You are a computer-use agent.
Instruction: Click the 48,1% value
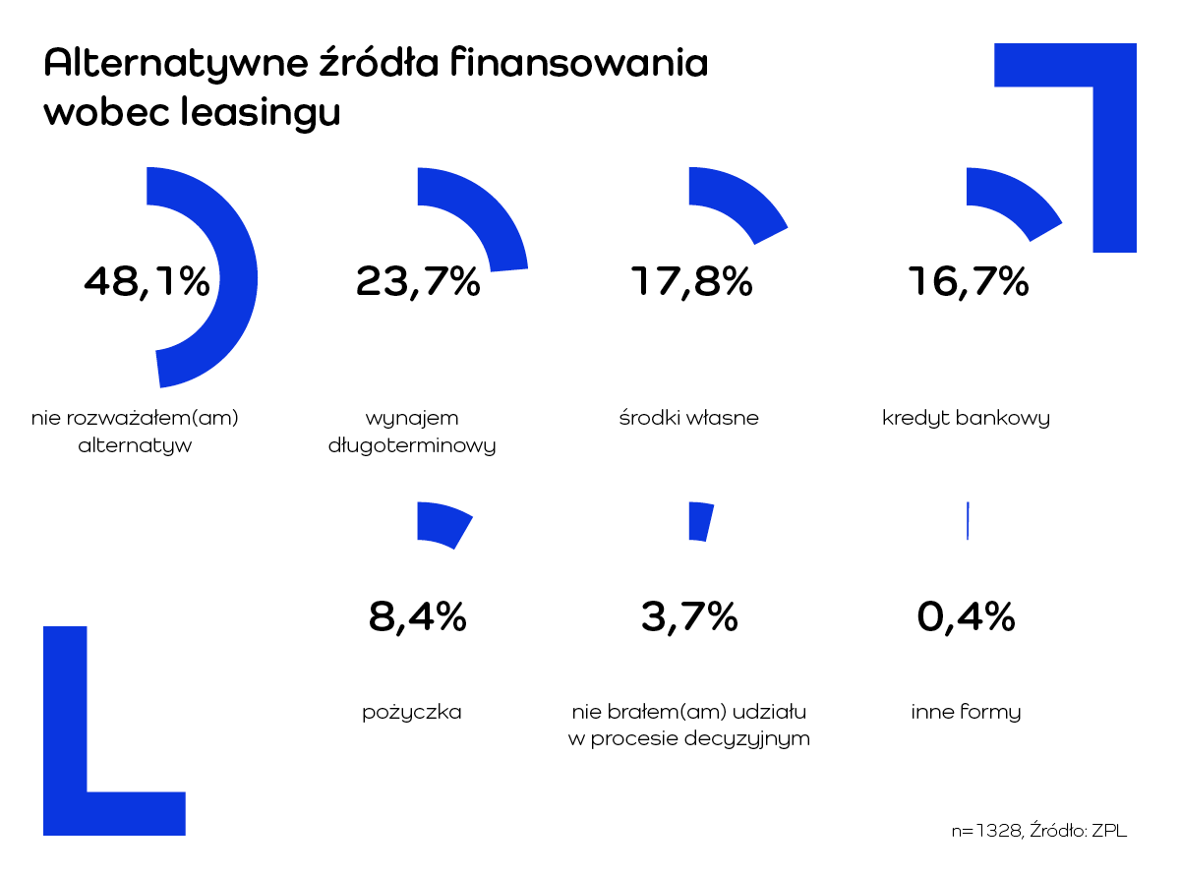(x=147, y=282)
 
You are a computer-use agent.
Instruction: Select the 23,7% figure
(x=418, y=282)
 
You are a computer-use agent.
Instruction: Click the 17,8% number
(x=690, y=282)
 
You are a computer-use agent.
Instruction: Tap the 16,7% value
(x=968, y=282)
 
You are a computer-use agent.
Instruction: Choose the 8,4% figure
(x=417, y=617)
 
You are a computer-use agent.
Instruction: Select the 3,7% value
(x=689, y=617)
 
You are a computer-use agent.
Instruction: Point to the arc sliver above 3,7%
(x=700, y=521)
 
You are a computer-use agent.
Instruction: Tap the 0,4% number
(x=966, y=617)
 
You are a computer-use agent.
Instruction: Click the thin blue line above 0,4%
(x=968, y=521)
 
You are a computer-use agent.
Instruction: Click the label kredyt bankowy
(x=966, y=418)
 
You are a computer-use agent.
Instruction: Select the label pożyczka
(x=412, y=712)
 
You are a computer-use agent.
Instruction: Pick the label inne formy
(x=966, y=712)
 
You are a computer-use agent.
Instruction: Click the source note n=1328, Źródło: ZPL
(x=1038, y=831)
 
